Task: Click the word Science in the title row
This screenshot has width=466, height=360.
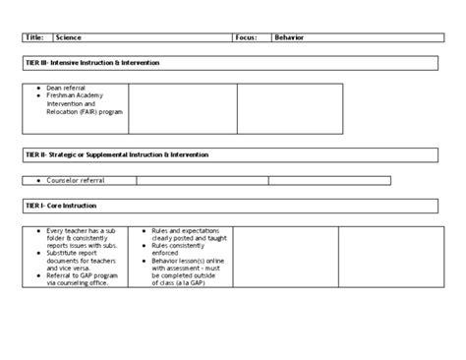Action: click(69, 37)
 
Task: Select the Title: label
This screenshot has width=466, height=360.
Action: click(35, 37)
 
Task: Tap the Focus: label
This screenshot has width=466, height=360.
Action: click(246, 37)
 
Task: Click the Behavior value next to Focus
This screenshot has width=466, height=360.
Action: click(289, 37)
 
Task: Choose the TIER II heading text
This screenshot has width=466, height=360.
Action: click(116, 154)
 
